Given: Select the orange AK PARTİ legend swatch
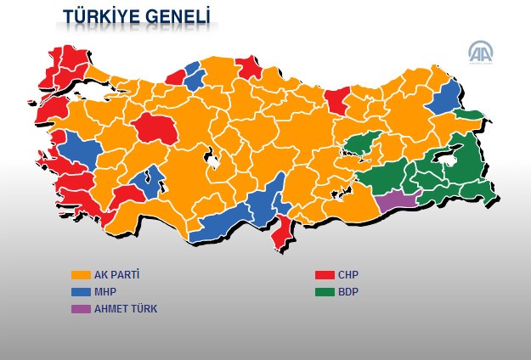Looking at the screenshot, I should coord(81,275).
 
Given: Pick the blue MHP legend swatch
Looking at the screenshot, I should coord(81,292).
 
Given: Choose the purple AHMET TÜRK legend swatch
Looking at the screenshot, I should coord(81,309).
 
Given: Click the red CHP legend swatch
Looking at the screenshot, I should coord(324,275).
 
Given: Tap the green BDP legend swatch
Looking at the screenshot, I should coord(324,292).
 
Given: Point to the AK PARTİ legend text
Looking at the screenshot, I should coord(117,275).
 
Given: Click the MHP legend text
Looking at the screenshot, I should coord(105,292).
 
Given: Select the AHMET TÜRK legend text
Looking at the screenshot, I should coord(126,309).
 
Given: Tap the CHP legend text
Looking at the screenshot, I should coord(348,275).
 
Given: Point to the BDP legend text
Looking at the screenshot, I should coord(348,292).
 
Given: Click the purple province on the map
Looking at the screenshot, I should coord(394,201).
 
